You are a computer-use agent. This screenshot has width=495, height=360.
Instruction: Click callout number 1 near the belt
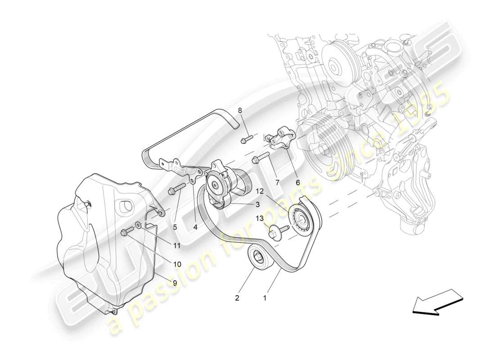(x=265, y=297)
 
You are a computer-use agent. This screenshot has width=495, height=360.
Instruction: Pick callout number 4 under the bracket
(x=195, y=227)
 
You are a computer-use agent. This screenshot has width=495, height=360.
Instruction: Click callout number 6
(x=297, y=183)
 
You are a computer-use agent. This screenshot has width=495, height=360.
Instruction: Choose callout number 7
(x=277, y=183)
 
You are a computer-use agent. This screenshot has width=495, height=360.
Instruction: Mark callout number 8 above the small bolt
(x=240, y=110)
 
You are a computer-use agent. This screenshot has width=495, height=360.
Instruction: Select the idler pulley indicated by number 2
(x=258, y=257)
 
